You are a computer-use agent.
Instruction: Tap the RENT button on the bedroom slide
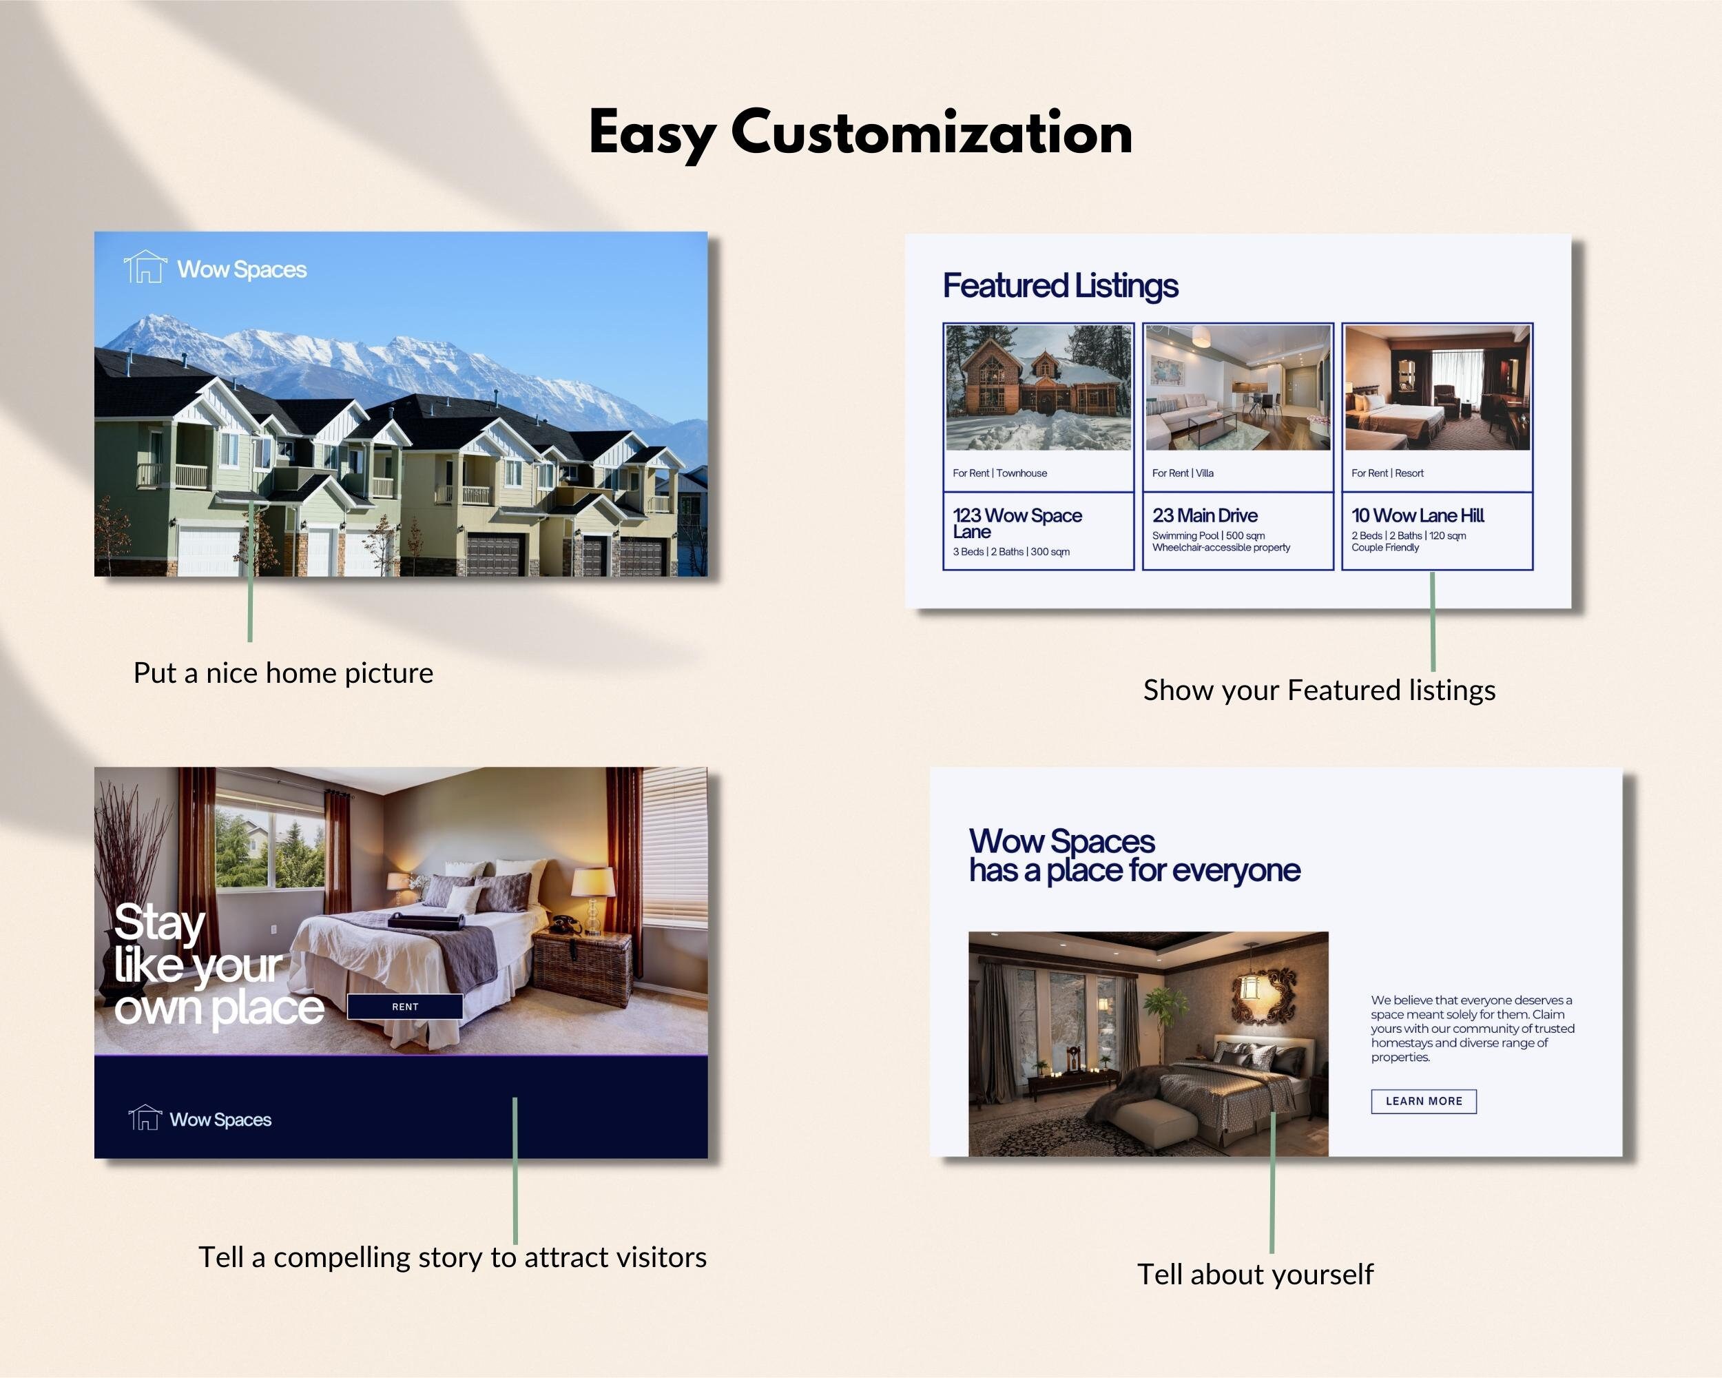tap(405, 1007)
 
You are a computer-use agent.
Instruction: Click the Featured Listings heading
tap(1060, 286)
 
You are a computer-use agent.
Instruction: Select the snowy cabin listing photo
tap(1038, 387)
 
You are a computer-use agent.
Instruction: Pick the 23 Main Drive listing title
tap(1205, 515)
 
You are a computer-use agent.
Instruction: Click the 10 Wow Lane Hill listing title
tap(1418, 515)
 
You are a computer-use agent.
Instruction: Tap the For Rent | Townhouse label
tap(999, 473)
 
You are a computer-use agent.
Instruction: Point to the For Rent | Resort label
tap(1387, 473)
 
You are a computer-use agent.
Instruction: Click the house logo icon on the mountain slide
tap(145, 267)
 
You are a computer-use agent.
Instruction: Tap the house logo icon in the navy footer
tap(145, 1118)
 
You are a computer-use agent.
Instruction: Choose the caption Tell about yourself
tap(1256, 1274)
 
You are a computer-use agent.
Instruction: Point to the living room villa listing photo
tap(1238, 387)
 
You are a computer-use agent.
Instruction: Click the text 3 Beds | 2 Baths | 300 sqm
tap(1011, 552)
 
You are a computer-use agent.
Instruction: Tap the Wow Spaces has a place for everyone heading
tap(1134, 856)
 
